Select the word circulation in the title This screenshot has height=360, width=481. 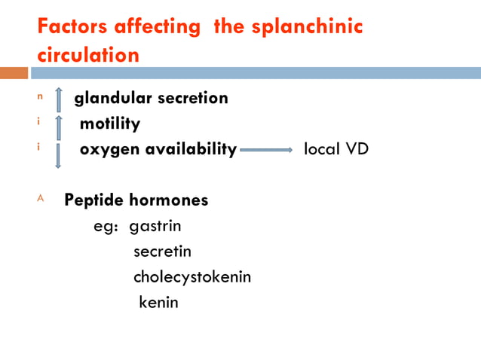[88, 55]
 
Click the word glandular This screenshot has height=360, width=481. [112, 98]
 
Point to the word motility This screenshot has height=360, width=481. [110, 124]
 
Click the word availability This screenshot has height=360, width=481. [188, 149]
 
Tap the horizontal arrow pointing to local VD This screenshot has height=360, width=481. [266, 151]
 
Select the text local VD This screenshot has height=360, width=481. [335, 149]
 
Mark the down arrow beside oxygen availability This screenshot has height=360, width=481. [58, 155]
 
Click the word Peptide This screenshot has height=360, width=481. [93, 201]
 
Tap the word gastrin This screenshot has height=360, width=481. [155, 226]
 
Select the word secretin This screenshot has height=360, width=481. [162, 252]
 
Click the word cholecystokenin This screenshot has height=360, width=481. [192, 277]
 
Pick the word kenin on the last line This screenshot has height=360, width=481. [159, 303]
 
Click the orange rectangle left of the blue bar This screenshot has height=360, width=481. [14, 73]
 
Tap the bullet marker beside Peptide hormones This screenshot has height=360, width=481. [41, 200]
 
